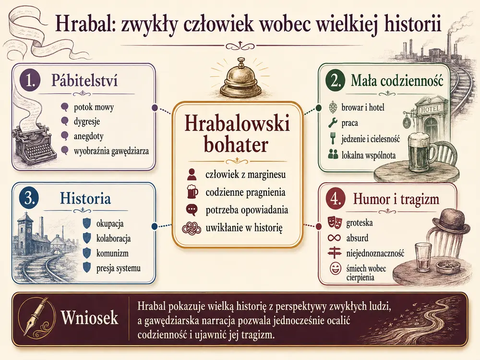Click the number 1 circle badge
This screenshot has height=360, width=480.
pyautogui.click(x=30, y=81)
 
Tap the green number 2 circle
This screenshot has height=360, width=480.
pyautogui.click(x=335, y=81)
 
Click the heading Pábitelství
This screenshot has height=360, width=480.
pyautogui.click(x=84, y=81)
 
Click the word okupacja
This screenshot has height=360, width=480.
pyautogui.click(x=110, y=224)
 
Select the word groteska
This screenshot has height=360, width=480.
pyautogui.click(x=360, y=223)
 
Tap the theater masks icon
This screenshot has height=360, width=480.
pyautogui.click(x=334, y=222)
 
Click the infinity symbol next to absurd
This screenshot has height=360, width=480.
pyautogui.click(x=334, y=238)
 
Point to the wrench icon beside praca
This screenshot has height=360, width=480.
pyautogui.click(x=333, y=123)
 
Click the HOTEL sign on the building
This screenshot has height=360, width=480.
pyautogui.click(x=431, y=108)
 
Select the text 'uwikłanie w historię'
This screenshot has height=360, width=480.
pyautogui.click(x=244, y=228)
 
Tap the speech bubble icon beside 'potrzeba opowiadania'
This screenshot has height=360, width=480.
pyautogui.click(x=192, y=210)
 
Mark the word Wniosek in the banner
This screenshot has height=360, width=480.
pyautogui.click(x=89, y=317)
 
